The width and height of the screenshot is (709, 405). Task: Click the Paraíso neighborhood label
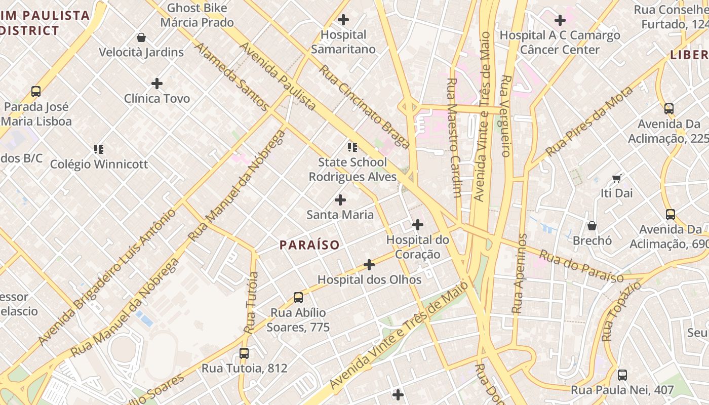click(309, 245)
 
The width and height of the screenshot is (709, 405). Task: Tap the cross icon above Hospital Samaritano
click(343, 20)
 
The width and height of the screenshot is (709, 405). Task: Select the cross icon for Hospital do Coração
click(418, 224)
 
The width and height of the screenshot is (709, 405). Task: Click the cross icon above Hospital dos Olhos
click(369, 264)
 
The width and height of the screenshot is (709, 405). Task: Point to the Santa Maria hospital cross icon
click(340, 200)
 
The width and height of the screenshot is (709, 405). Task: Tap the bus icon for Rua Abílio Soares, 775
click(298, 297)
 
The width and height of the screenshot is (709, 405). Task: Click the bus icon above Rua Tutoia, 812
click(244, 353)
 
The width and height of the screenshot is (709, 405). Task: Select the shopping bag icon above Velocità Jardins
click(141, 37)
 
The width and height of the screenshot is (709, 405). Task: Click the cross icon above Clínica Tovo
click(157, 83)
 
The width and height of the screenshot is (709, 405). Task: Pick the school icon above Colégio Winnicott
click(99, 149)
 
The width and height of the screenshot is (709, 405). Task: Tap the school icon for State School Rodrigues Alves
click(352, 147)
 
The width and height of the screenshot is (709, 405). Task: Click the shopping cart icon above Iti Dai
click(616, 178)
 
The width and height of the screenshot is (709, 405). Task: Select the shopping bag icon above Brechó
click(592, 225)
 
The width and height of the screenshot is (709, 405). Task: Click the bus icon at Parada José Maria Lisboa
click(35, 92)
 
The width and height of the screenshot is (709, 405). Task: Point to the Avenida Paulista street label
click(278, 76)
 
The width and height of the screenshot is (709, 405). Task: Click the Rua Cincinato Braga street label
click(364, 106)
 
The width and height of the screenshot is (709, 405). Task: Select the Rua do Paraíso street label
click(581, 266)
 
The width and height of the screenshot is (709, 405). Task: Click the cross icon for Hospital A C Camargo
click(560, 20)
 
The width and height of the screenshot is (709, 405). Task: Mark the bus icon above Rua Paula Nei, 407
click(622, 375)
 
